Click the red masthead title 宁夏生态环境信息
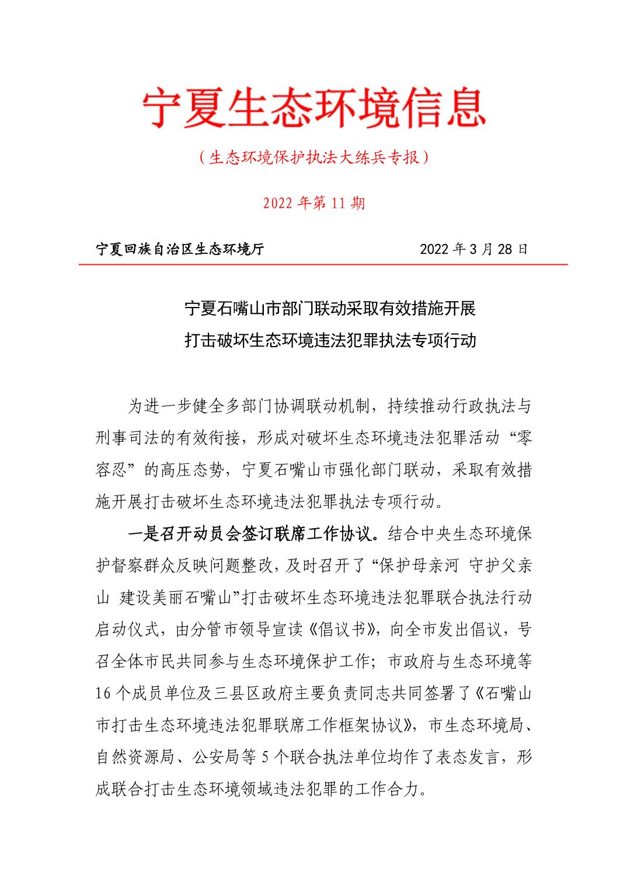314,109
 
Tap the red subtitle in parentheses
314,158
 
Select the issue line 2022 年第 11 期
314,203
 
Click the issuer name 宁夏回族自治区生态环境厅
180,250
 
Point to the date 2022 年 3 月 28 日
473,249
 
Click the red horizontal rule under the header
323,264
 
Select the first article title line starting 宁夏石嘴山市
330,308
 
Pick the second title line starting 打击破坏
330,340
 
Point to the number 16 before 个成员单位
103,694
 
